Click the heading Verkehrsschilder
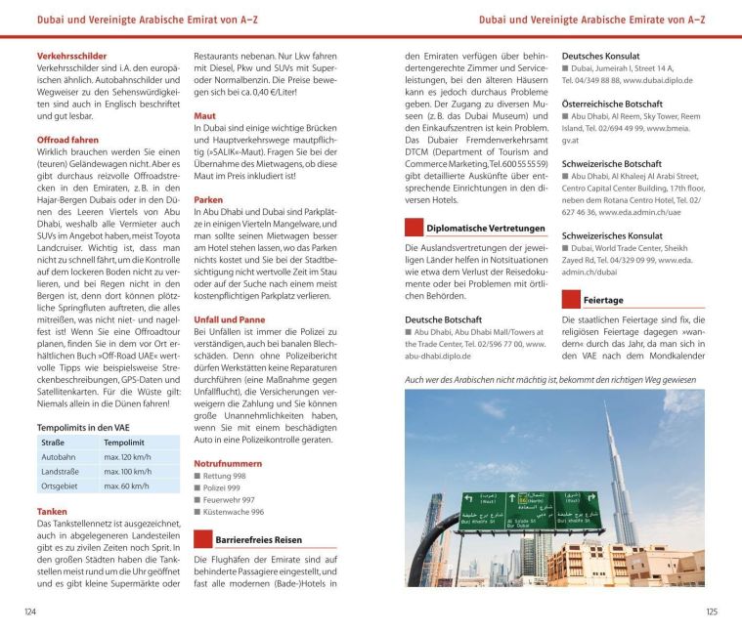coord(71,56)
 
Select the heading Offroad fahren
coord(67,140)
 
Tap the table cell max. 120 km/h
coord(126,456)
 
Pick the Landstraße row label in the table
coord(61,471)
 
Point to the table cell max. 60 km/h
coord(126,485)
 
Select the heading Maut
coord(204,114)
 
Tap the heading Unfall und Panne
coord(229,319)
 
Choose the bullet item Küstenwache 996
coord(233,511)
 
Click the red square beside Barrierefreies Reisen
coord(202,539)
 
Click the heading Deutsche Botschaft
coord(443,318)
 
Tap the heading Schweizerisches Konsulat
coord(612,235)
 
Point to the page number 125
coord(711,612)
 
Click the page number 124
coord(30,612)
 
